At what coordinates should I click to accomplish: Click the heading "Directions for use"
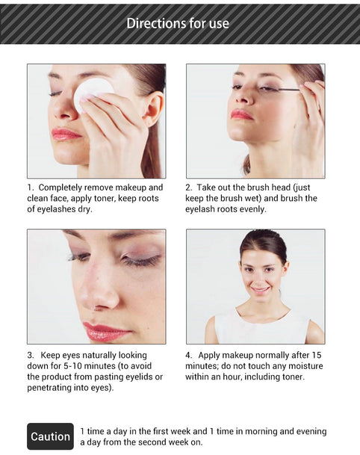pyautogui.click(x=178, y=23)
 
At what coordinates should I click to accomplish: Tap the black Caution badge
pyautogui.click(x=51, y=436)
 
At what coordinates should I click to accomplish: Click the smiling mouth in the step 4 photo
pyautogui.click(x=260, y=289)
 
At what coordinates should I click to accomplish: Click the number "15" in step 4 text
pyautogui.click(x=317, y=355)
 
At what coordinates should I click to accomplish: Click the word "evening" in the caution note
pyautogui.click(x=311, y=432)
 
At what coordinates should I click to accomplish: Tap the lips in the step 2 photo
pyautogui.click(x=241, y=114)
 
